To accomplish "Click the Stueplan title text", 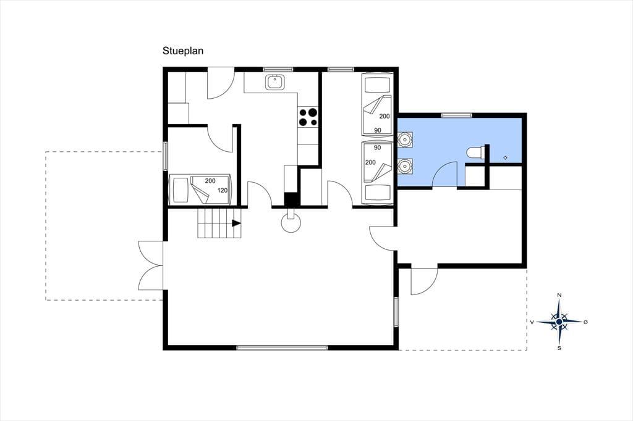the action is point(183,51).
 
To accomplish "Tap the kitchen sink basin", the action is point(274,82).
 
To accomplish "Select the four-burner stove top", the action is point(308,117).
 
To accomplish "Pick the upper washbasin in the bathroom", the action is point(404,139).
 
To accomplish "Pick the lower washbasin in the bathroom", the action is point(404,165).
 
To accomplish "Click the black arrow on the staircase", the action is point(237,223).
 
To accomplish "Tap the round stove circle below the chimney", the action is point(291,223).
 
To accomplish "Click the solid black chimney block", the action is point(291,199).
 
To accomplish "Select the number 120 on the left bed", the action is point(223,190).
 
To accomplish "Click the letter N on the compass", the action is point(559,295).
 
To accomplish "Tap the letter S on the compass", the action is point(559,348).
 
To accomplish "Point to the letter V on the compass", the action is point(532,322).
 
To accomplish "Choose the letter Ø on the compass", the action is point(586,322).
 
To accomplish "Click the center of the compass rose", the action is point(559,322).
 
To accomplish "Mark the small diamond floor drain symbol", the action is point(505,157).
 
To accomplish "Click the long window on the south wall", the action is point(282,347).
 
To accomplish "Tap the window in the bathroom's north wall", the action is point(457,115).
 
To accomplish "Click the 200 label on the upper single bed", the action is point(384,116).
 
